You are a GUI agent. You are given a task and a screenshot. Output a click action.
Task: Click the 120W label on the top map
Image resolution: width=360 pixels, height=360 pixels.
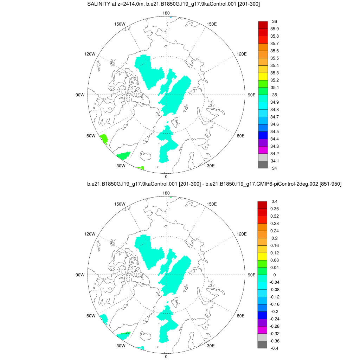pos(90,54)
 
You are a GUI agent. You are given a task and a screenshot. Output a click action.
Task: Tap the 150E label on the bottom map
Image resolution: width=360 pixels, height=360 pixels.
pos(211,204)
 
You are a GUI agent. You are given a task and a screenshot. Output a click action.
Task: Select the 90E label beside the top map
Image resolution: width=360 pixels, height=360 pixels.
pos(251,95)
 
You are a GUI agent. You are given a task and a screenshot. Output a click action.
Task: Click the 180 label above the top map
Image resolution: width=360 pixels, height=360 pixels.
pos(166,13)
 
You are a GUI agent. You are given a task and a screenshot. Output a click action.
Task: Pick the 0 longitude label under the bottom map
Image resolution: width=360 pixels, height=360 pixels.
pos(166,356)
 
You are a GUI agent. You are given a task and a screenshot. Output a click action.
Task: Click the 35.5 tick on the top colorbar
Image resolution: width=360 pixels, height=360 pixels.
pos(275,58)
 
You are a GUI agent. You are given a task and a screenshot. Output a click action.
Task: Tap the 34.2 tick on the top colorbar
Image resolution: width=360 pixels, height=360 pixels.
pos(275,154)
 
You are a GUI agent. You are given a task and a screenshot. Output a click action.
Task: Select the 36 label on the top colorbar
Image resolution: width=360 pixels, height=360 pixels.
pos(275,21)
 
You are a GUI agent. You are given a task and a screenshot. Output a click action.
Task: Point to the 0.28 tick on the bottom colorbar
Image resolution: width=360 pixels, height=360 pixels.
pos(275,223)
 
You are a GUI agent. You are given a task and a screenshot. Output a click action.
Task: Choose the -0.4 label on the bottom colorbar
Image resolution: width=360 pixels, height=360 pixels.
pos(275,348)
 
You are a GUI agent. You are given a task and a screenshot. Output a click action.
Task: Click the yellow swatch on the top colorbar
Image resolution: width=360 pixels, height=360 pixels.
pos(263,76)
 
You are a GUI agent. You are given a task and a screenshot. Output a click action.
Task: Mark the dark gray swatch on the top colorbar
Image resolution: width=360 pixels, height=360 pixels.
pos(263,165)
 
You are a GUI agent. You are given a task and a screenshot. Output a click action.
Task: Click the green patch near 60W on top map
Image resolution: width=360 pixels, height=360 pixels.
pos(104,138)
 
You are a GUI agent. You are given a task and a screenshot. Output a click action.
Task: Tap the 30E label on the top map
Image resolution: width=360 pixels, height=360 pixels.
pos(211,166)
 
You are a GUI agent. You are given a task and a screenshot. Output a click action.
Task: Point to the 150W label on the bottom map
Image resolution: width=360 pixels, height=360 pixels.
pos(121,204)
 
